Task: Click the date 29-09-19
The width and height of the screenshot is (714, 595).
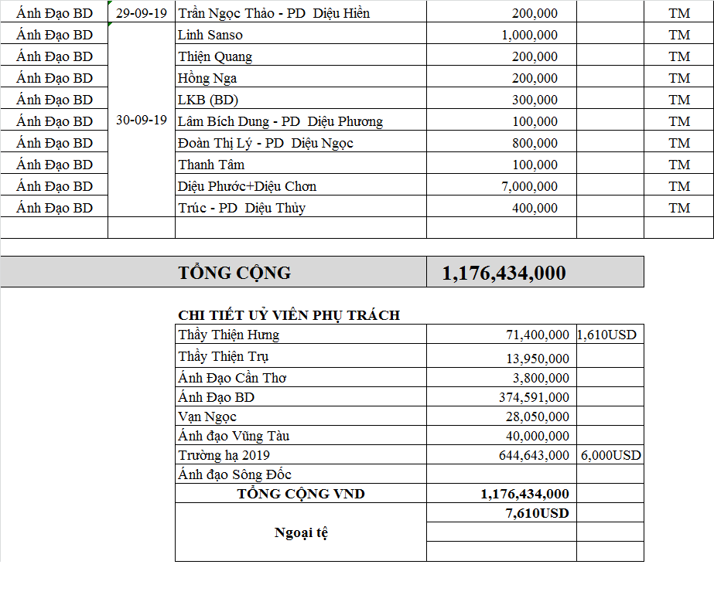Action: click(141, 13)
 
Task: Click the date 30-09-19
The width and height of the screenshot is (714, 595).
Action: click(141, 121)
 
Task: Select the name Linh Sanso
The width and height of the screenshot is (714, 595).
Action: click(210, 35)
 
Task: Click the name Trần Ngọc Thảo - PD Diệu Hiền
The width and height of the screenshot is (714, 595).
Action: click(274, 13)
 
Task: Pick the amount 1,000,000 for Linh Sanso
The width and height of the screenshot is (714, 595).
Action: click(529, 35)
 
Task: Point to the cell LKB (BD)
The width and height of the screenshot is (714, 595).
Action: click(208, 100)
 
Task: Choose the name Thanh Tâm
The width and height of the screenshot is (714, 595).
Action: click(211, 165)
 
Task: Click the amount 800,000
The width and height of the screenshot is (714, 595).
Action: click(535, 143)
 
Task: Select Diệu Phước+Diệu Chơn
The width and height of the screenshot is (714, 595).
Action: click(247, 186)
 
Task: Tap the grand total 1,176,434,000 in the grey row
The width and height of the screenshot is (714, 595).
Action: click(504, 273)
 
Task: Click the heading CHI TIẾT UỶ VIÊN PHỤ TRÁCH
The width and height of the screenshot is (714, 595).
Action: click(289, 315)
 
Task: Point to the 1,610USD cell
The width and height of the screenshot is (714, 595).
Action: click(607, 335)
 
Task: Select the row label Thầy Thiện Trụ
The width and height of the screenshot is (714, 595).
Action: click(224, 357)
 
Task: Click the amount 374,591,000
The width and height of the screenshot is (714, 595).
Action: click(534, 397)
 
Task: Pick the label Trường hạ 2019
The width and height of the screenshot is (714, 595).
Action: click(224, 455)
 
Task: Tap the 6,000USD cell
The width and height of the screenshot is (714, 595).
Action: click(610, 455)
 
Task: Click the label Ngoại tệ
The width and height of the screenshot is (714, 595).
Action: click(301, 533)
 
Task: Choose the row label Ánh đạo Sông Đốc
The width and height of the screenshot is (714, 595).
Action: click(234, 474)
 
